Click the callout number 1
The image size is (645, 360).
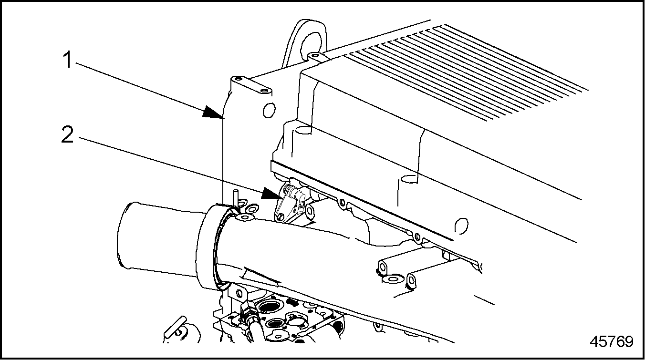(x=68, y=60)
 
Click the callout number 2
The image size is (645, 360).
(x=68, y=134)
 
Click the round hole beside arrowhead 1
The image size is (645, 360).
(x=269, y=110)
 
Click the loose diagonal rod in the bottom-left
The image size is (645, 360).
(x=175, y=328)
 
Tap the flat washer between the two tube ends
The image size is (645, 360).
(x=393, y=278)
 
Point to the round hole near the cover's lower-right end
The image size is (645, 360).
(x=461, y=224)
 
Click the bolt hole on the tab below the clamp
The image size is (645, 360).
(x=239, y=294)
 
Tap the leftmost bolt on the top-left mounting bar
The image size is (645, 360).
(x=237, y=79)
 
